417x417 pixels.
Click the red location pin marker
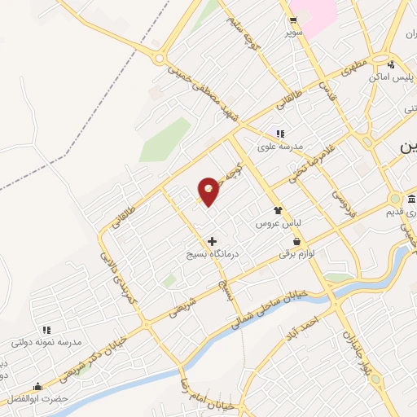tap(208, 191)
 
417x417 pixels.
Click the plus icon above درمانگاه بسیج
tap(213, 241)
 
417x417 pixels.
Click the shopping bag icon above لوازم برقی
tap(296, 242)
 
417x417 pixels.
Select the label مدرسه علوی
tap(280, 147)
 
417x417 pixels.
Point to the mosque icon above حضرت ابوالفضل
tap(37, 386)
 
